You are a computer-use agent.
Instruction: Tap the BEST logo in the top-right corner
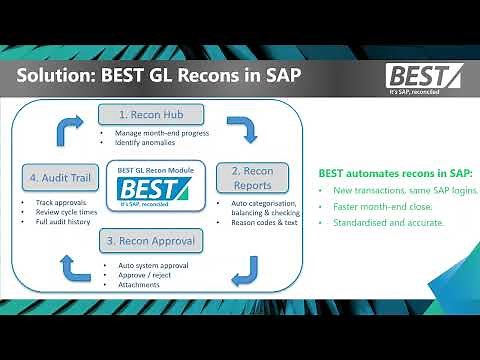[x=425, y=78]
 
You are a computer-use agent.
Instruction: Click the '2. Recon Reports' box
[x=252, y=177]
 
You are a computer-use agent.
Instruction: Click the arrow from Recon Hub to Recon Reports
[x=241, y=129]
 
